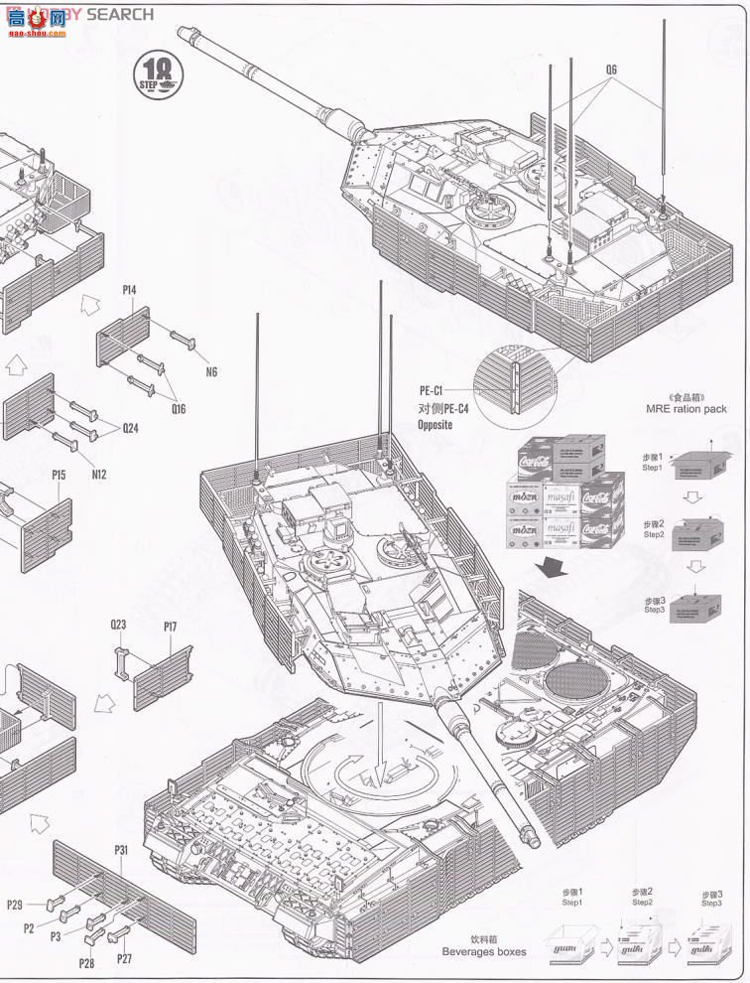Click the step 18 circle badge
point(159,74)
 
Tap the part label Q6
point(611,70)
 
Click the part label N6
point(211,372)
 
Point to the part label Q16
point(178,408)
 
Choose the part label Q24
point(131,429)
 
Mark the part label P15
point(59,476)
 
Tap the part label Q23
point(118,626)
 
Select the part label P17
point(170,628)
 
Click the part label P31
point(121,850)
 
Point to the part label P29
point(15,905)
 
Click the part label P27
point(124,958)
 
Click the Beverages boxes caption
point(484,951)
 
